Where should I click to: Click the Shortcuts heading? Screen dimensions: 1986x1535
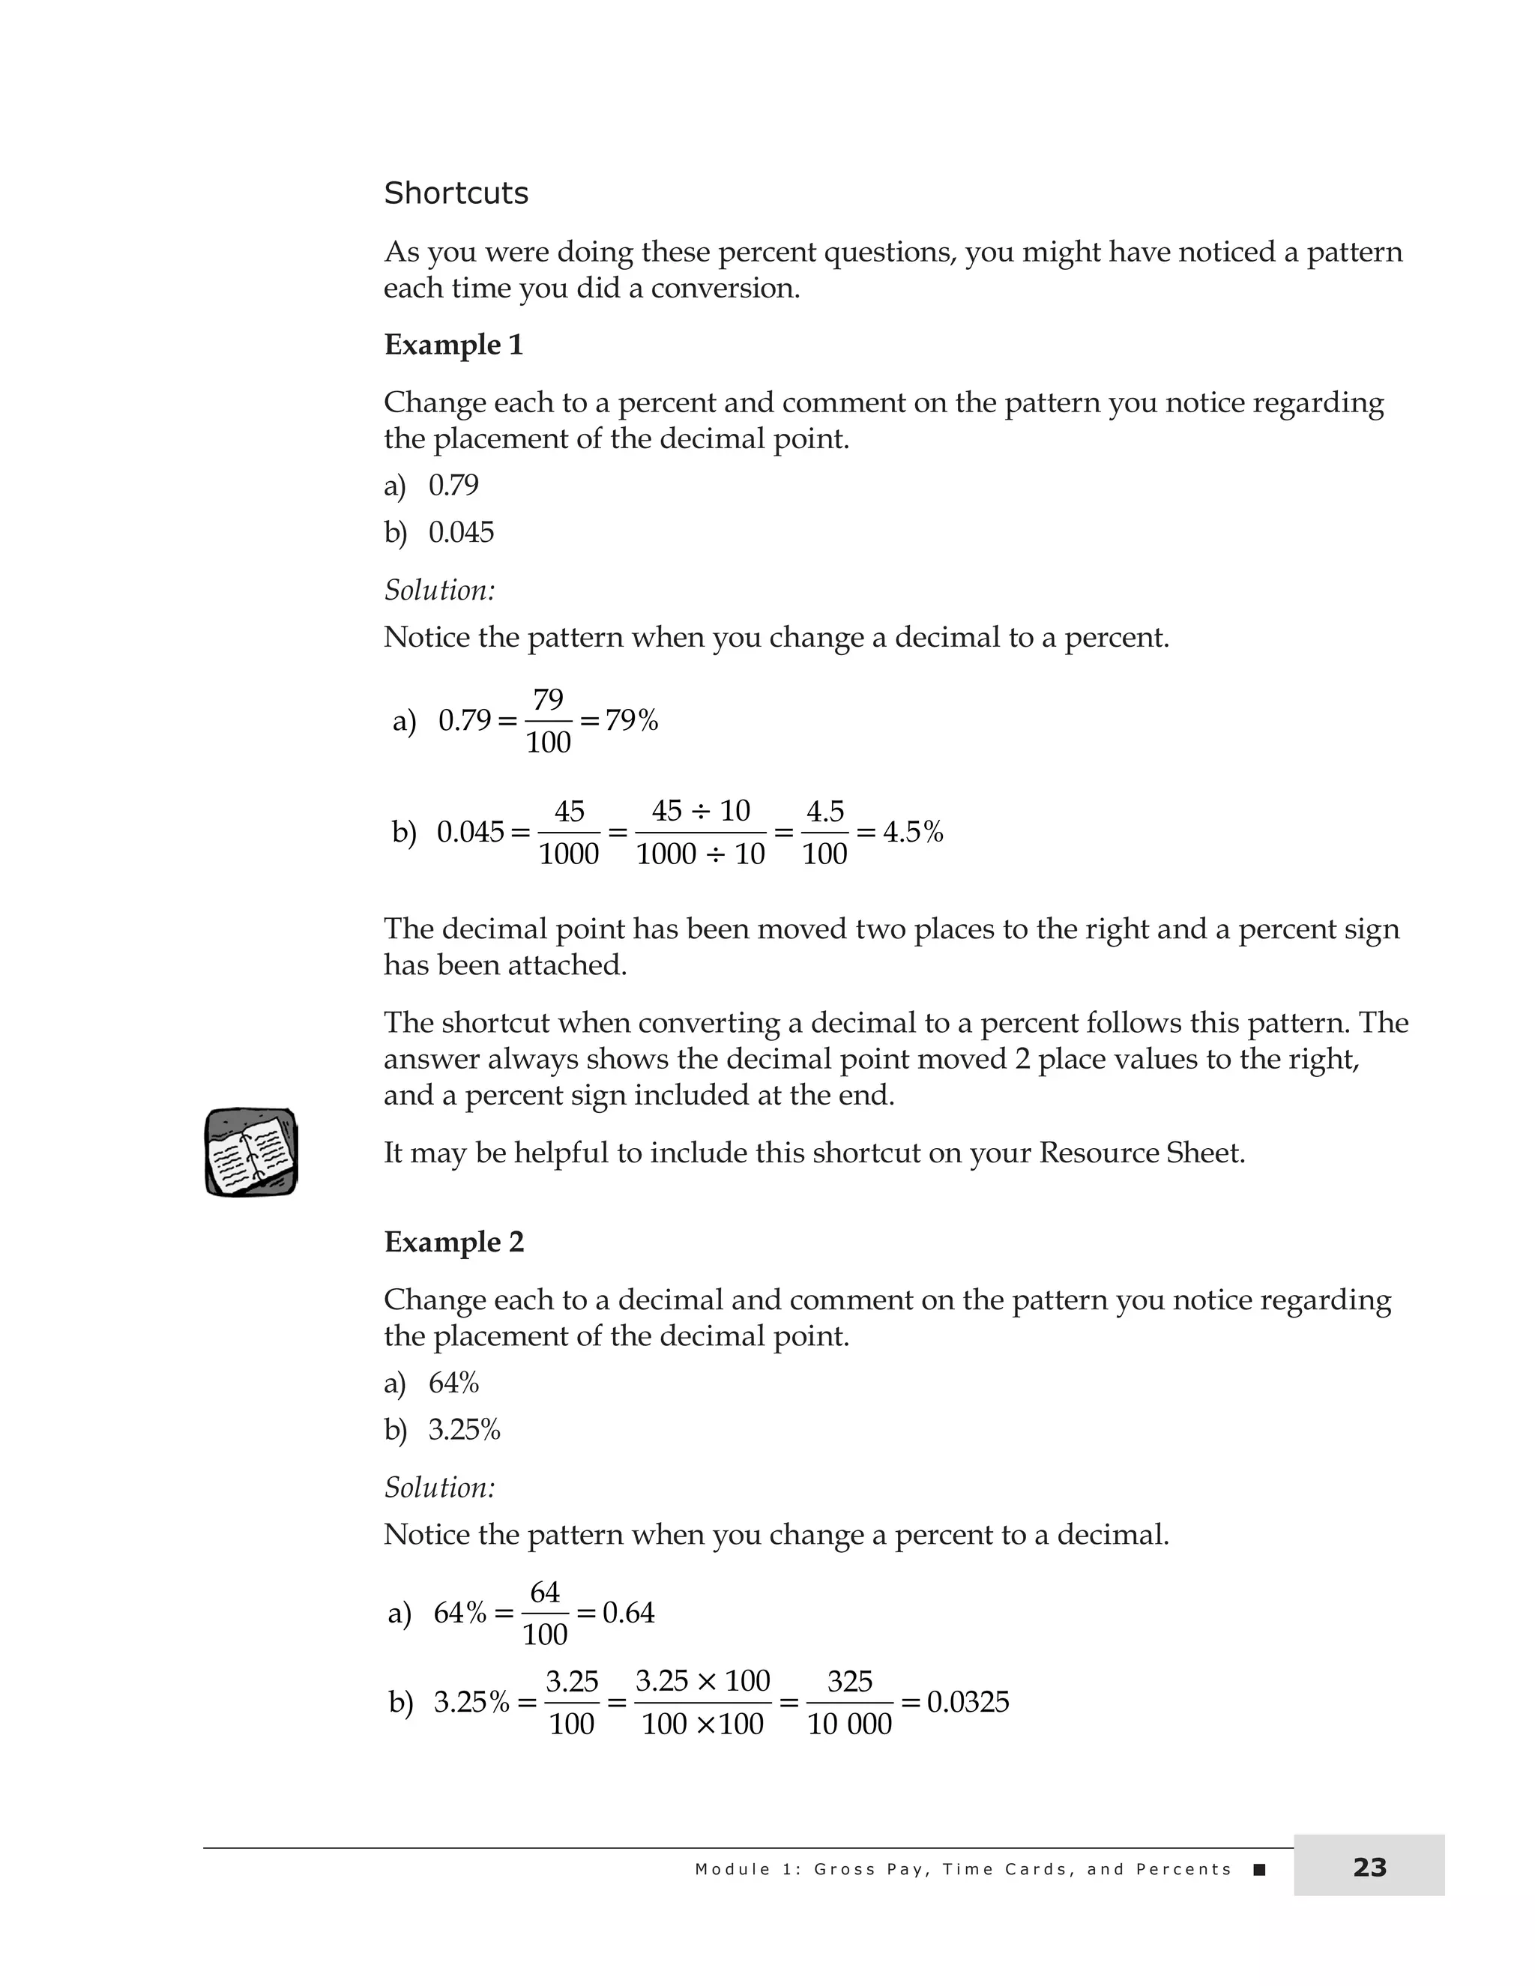coord(456,193)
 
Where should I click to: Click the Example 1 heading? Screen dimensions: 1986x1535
coord(453,345)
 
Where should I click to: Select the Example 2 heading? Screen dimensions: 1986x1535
coord(453,1242)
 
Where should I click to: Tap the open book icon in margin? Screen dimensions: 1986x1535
coord(251,1152)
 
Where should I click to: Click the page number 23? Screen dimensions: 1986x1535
coord(1369,1868)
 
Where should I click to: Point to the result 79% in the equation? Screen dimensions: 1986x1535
coord(631,721)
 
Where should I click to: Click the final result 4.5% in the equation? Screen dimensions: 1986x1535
coord(912,832)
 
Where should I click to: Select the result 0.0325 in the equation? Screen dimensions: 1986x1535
coord(968,1702)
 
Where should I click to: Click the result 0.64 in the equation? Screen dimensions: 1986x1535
coord(628,1614)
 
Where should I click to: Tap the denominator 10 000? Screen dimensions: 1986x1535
coord(849,1725)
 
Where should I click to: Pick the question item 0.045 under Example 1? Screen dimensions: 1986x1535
coord(461,532)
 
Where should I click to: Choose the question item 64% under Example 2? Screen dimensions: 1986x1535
coord(453,1383)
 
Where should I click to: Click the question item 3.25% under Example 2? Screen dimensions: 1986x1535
coord(464,1431)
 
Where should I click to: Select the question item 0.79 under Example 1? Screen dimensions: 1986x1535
coord(453,486)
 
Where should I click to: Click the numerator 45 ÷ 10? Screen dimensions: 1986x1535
coord(700,810)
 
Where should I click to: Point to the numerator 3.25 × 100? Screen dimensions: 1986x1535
coord(702,1680)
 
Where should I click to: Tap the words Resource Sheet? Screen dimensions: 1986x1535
coord(1142,1153)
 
